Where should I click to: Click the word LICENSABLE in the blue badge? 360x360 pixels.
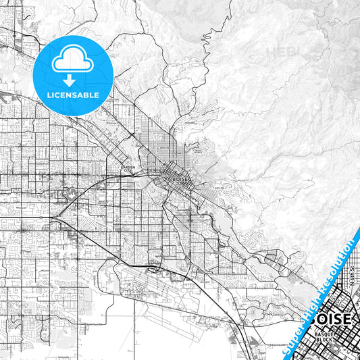click(74, 95)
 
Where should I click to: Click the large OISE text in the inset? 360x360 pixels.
click(331, 318)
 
